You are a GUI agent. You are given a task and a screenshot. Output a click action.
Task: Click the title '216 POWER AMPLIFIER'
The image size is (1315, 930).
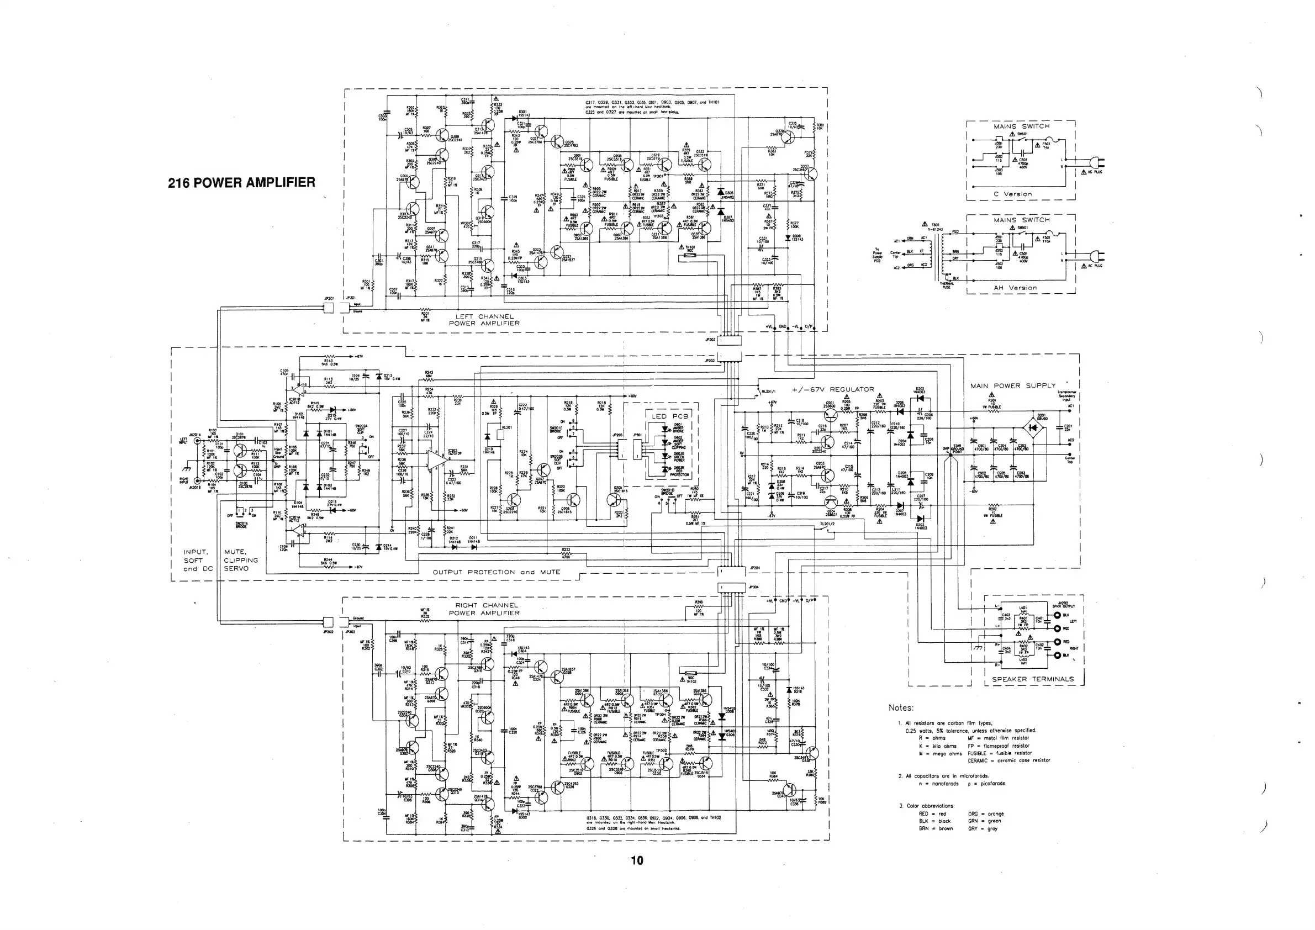click(241, 183)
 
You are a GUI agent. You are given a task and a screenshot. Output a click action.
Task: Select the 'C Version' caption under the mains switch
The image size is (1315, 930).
click(1012, 194)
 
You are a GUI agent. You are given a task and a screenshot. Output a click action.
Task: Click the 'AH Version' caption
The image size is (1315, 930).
click(1015, 288)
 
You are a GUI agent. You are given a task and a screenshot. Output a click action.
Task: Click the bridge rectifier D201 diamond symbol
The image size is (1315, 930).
click(1033, 427)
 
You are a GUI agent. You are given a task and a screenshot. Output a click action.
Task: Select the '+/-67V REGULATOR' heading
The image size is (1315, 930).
click(833, 389)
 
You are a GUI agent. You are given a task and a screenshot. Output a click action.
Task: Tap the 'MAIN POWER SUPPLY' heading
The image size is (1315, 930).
click(1012, 386)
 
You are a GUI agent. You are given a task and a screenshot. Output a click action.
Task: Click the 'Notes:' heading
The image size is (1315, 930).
click(901, 708)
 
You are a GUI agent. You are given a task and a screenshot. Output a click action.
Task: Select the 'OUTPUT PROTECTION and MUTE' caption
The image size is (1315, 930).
click(496, 572)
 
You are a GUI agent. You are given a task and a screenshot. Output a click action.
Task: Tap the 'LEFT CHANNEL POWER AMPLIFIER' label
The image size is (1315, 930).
click(484, 320)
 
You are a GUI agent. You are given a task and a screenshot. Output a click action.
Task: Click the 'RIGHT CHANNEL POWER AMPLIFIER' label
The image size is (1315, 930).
click(484, 609)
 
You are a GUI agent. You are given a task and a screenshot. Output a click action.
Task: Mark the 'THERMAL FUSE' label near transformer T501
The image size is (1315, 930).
click(946, 285)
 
